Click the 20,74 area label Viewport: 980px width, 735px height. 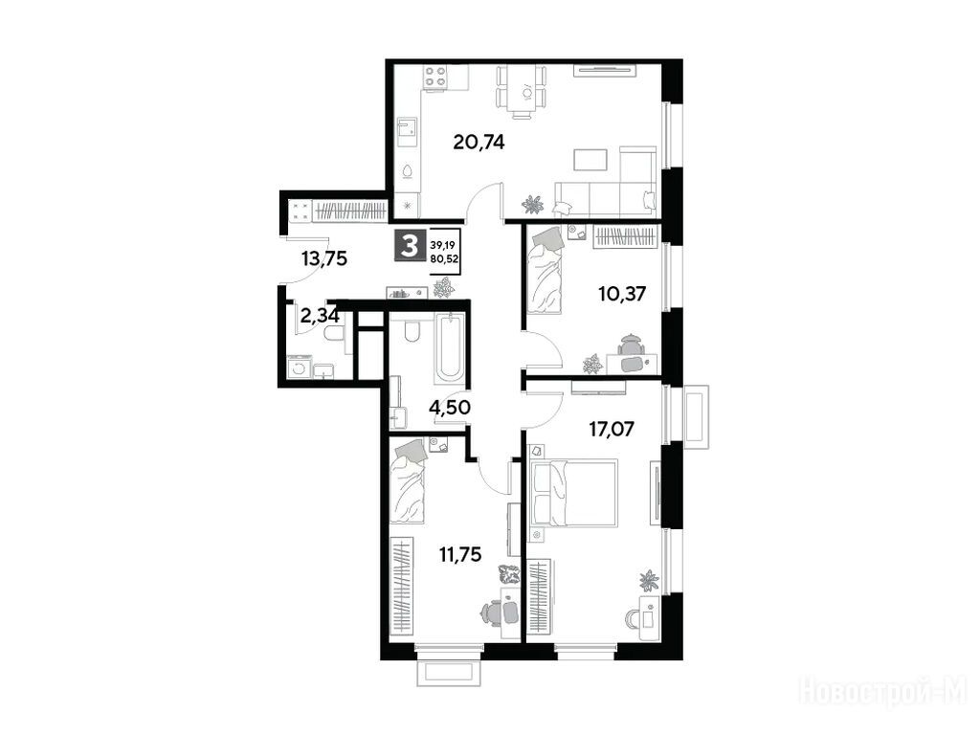coord(479,143)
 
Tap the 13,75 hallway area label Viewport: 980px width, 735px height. coord(323,258)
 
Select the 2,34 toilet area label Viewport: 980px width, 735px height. coord(320,316)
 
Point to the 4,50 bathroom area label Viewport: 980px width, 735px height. coord(450,408)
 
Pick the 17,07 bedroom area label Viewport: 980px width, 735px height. coord(612,429)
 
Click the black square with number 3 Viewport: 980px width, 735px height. coord(410,246)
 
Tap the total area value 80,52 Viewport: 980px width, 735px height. coord(444,256)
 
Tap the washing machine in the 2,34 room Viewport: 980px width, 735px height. coord(299,367)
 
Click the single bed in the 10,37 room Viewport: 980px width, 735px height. coord(545,269)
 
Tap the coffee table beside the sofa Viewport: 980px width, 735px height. coord(590,160)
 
